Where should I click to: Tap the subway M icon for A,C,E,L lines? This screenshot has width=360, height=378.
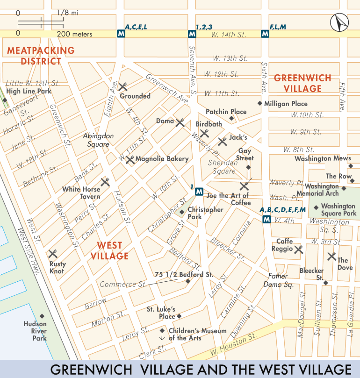click(x=121, y=34)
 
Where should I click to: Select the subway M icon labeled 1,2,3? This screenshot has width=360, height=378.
click(x=192, y=34)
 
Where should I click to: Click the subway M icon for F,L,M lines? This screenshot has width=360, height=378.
click(x=265, y=34)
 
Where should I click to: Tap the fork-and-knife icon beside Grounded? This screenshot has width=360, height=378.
click(x=123, y=86)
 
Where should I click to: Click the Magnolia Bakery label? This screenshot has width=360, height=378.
click(x=162, y=159)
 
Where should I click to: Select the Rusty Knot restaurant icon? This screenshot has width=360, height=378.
click(x=52, y=254)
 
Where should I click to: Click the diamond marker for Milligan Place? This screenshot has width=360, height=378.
click(x=260, y=103)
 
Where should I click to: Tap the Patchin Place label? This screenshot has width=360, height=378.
click(x=226, y=112)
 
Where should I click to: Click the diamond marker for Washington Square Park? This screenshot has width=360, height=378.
click(x=317, y=207)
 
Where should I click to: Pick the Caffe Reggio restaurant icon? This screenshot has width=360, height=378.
click(x=299, y=249)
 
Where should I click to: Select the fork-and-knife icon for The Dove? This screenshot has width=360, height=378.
click(x=331, y=256)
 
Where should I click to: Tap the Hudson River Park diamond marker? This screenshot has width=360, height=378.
click(x=42, y=316)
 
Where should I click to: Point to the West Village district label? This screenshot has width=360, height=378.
click(x=112, y=250)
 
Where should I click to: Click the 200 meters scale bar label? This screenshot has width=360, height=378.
click(x=75, y=34)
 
